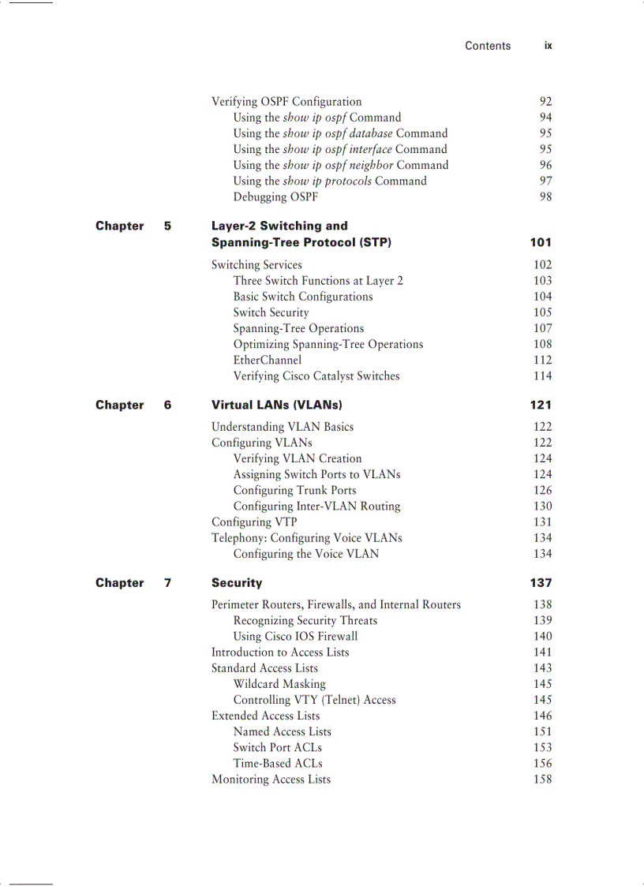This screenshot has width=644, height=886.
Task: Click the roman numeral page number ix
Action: point(548,46)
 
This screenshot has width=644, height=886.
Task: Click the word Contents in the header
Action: point(487,46)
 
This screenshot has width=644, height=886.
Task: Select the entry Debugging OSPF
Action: point(275,196)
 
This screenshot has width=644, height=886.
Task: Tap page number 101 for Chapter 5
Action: point(541,242)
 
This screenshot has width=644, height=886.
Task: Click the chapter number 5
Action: point(167,226)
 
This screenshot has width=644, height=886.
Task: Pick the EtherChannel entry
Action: point(267,360)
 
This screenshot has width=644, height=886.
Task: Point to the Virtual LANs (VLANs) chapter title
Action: point(276,405)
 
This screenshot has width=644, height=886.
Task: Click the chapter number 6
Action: point(167,405)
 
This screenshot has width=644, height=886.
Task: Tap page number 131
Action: point(542,522)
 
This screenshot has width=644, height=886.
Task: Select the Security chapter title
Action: point(236,583)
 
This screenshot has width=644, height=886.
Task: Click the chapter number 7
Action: point(167,583)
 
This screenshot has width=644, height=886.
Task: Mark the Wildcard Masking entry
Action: point(279,684)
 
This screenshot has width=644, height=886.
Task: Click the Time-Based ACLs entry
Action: point(278,763)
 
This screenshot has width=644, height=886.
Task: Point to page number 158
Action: point(542,779)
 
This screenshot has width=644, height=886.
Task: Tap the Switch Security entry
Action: point(271,312)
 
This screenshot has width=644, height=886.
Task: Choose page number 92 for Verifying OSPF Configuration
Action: point(545,102)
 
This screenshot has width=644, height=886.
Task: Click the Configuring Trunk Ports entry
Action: point(294,490)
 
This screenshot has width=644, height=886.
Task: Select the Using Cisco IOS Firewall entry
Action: point(295,636)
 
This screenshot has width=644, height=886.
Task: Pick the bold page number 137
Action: point(541,583)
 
